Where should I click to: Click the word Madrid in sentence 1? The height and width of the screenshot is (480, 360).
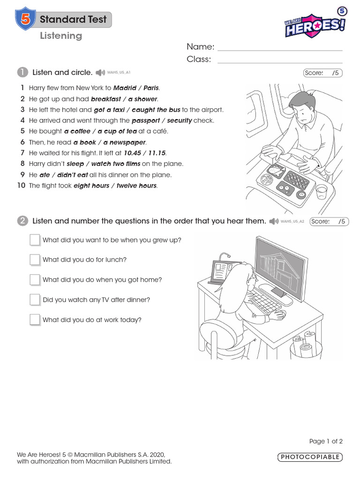[x=125, y=88]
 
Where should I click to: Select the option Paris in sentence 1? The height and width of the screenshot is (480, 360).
[x=151, y=88]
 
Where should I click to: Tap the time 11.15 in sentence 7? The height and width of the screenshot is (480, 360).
[x=157, y=153]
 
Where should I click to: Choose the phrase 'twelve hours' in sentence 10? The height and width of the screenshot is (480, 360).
[x=137, y=186]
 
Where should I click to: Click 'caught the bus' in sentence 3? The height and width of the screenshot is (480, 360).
[x=156, y=110]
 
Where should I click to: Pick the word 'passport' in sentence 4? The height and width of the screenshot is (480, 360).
[x=146, y=120]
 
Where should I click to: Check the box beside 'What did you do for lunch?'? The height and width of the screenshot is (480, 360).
[x=35, y=260]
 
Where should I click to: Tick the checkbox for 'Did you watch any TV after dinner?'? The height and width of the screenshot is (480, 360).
[x=35, y=300]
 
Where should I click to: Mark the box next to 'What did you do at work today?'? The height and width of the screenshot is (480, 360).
[x=35, y=320]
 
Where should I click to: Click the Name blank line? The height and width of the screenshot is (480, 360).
[x=280, y=47]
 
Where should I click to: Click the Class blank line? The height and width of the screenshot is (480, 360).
[x=280, y=60]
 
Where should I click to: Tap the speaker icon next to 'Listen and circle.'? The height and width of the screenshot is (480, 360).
[x=100, y=73]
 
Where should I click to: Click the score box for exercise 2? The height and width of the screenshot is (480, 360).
[x=329, y=221]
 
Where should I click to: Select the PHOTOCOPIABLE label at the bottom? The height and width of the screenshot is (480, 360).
[x=310, y=457]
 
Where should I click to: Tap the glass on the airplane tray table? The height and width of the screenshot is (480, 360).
[x=321, y=192]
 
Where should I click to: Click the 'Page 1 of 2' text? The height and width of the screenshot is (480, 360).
[x=326, y=441]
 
